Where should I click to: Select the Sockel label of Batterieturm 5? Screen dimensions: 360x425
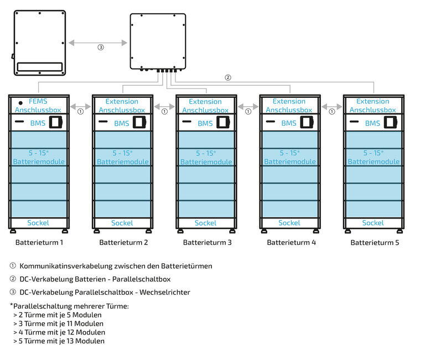click(373, 223)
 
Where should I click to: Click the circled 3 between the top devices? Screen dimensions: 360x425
click(100, 47)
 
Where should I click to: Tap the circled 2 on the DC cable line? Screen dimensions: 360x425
click(227, 77)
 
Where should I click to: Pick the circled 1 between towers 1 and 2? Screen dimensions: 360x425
click(80, 111)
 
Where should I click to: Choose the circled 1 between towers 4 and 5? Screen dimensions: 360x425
click(331, 111)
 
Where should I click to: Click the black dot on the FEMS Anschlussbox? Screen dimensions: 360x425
click(20, 103)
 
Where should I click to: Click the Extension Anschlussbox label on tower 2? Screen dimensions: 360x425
click(122, 106)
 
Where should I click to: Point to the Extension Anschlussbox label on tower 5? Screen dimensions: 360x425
click(373, 106)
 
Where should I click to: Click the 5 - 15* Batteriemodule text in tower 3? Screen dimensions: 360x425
click(205, 157)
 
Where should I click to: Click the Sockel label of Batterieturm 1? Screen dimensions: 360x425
click(38, 223)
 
